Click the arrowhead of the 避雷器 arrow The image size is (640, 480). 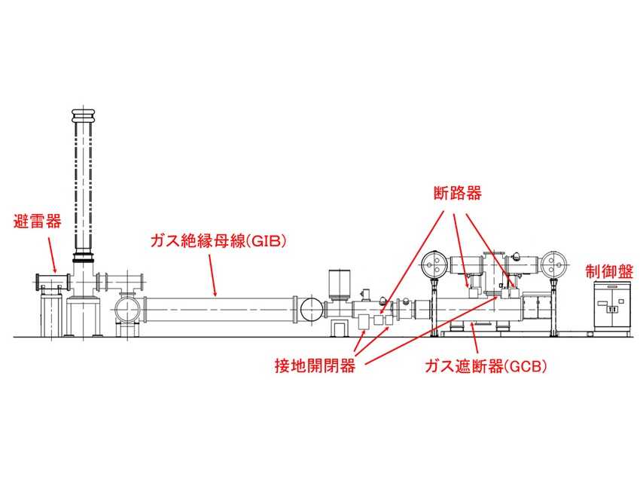point(56,273)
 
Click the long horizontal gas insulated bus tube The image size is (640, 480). point(218,309)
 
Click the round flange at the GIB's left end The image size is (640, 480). point(127,310)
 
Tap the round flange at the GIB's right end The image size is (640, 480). point(309,309)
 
